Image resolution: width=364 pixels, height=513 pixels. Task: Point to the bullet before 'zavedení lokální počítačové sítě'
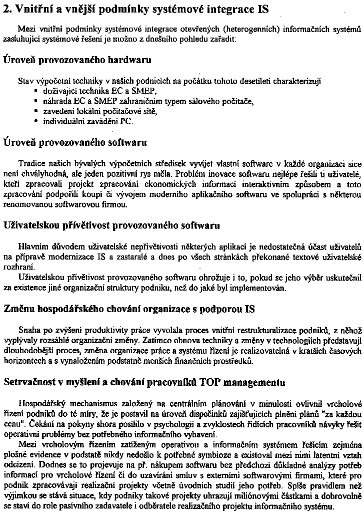36,111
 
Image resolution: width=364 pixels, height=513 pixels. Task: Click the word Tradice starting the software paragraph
30,164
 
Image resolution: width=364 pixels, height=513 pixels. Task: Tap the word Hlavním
31,247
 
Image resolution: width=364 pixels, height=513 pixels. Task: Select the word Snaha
28,330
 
